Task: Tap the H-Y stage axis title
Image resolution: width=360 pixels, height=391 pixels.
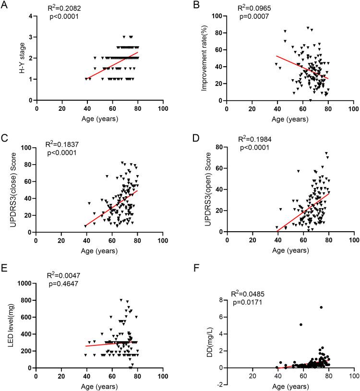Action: click(15, 58)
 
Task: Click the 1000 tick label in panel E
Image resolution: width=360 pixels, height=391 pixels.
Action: click(24, 284)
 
